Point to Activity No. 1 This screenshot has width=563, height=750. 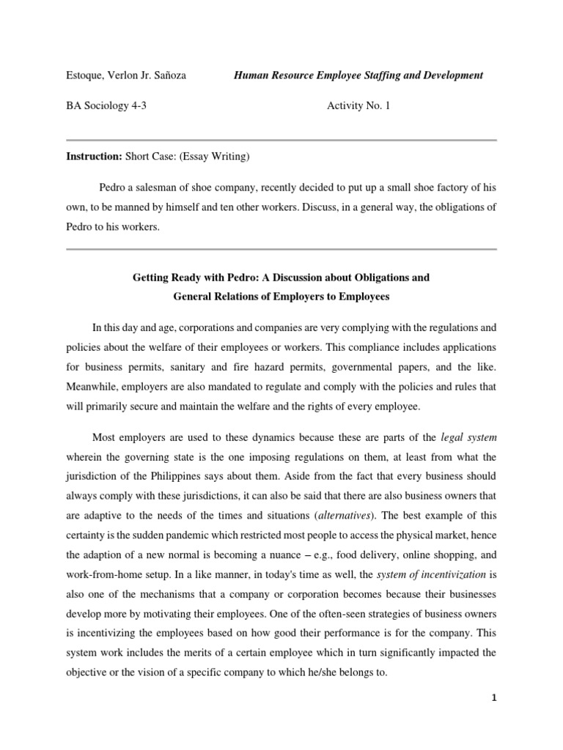[x=358, y=106]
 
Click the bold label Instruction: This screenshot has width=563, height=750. [x=93, y=156]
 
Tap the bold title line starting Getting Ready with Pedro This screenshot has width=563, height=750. [x=281, y=278]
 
